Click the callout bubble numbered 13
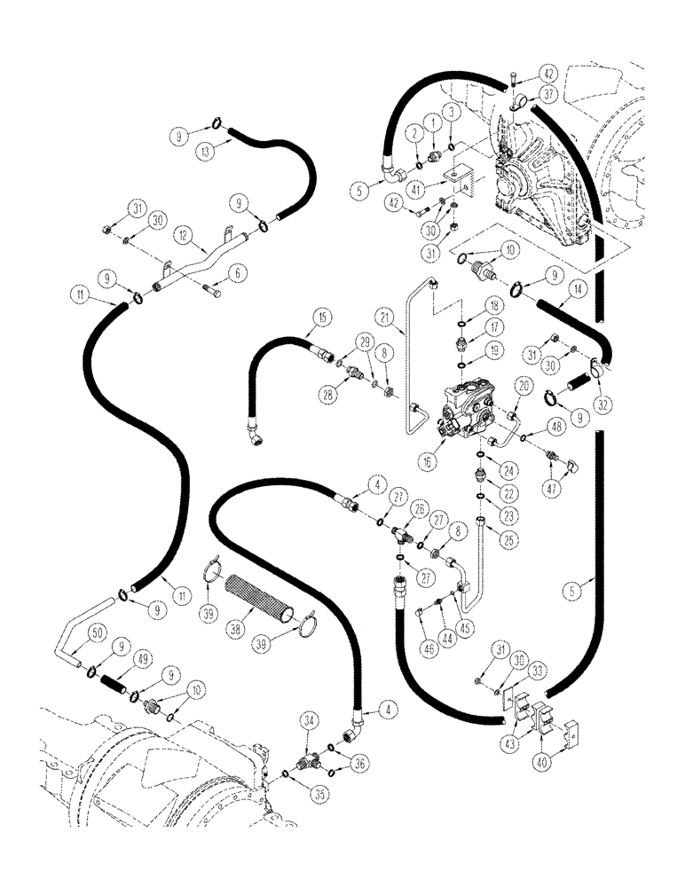coord(207,152)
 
